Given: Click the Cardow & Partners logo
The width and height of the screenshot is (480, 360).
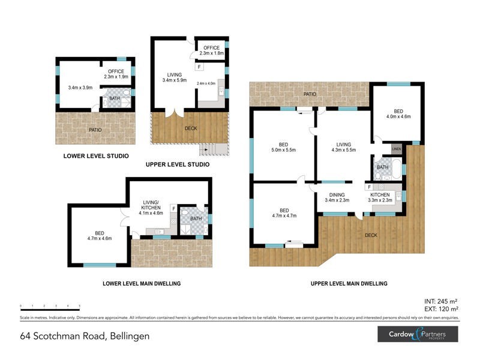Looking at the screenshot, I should [x=418, y=334].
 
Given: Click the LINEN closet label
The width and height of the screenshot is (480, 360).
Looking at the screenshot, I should [x=396, y=149].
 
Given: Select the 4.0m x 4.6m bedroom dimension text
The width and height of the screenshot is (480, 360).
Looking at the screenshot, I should [x=398, y=117].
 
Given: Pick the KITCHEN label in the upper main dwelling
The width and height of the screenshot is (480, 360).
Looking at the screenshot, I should [x=380, y=194].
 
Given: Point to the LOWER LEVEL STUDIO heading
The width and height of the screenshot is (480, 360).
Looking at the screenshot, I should [x=96, y=156].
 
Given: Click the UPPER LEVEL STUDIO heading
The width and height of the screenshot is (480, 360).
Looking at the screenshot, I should [x=178, y=164].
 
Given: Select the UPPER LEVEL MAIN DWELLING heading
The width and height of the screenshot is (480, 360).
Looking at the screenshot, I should [x=349, y=283].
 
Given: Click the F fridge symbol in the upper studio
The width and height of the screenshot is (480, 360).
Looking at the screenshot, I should [x=199, y=68].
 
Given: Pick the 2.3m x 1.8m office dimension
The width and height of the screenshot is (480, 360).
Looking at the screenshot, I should [x=211, y=53].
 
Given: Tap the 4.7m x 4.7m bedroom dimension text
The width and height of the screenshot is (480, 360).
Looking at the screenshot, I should [x=284, y=215].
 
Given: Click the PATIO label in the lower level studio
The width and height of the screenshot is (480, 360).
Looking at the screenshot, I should [x=95, y=129].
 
